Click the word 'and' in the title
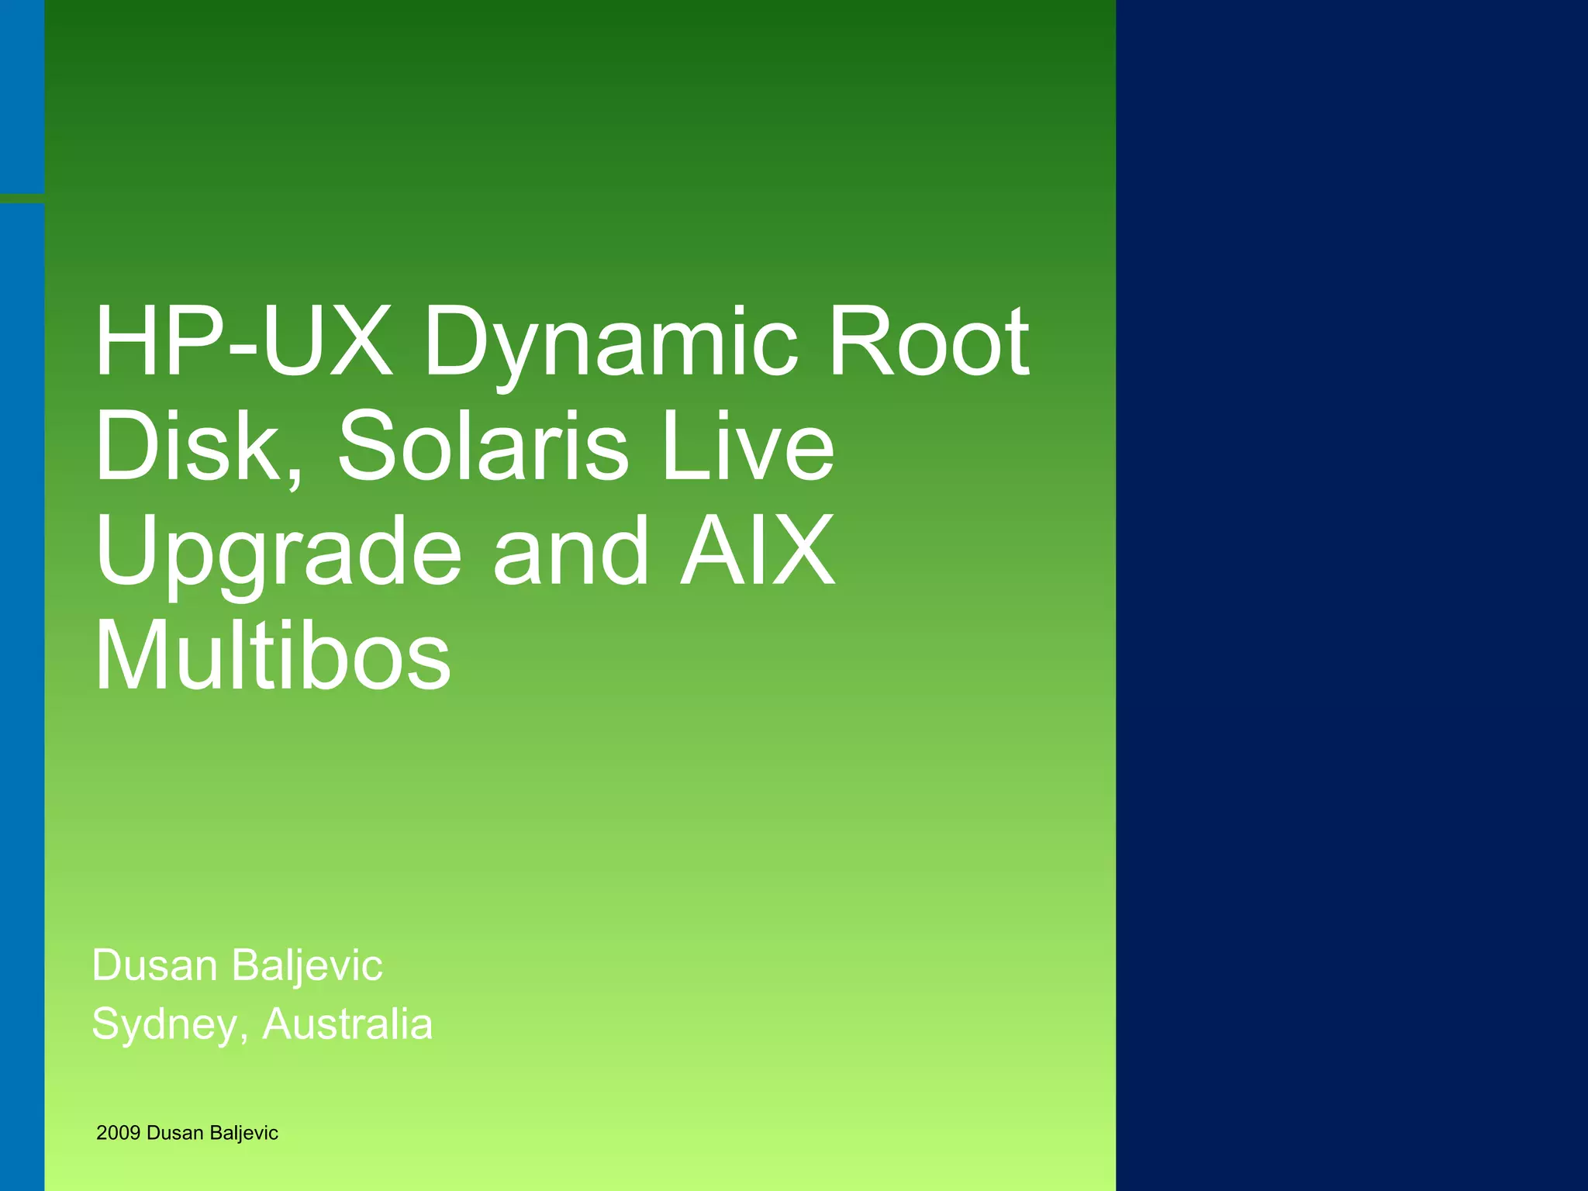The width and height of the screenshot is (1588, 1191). (x=571, y=551)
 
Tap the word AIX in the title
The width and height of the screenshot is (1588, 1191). (x=758, y=551)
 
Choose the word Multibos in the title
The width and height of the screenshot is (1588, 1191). (x=272, y=656)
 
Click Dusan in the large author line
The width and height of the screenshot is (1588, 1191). (x=154, y=965)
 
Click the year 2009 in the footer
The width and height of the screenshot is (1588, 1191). (x=118, y=1133)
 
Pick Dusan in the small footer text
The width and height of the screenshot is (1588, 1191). (x=174, y=1133)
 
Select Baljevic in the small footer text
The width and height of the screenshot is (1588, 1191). (x=243, y=1134)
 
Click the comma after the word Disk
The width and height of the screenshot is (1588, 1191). (x=295, y=475)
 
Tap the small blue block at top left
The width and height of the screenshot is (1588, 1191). (x=22, y=96)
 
